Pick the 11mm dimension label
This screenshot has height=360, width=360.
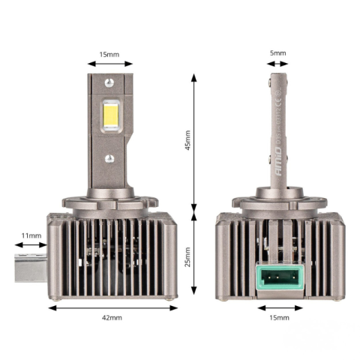(31, 235)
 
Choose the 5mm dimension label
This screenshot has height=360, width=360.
(278, 53)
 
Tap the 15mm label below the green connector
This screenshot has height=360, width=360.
(278, 318)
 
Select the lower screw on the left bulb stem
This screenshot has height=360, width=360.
(110, 158)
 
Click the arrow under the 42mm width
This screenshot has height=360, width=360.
(112, 307)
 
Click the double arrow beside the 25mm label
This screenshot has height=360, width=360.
(196, 255)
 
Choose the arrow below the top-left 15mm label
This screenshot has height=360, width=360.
(110, 65)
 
